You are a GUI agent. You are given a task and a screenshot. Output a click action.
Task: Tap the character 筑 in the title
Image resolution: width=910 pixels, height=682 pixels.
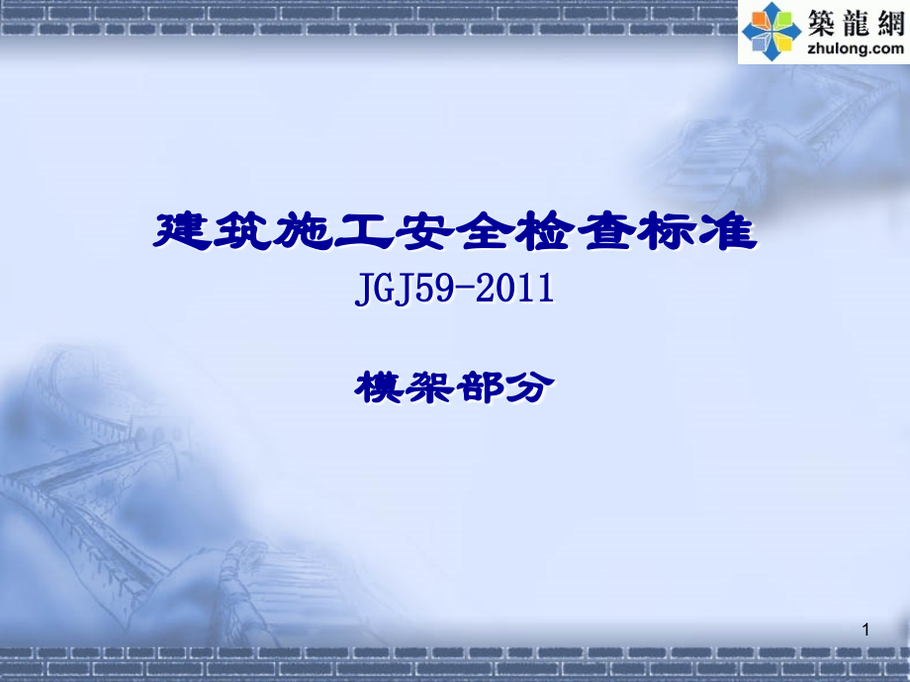[243, 231]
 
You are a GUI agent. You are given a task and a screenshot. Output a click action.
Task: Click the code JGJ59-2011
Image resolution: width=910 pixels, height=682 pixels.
[451, 291]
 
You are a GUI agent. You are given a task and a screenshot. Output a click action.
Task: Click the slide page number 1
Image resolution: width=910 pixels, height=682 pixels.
[866, 630]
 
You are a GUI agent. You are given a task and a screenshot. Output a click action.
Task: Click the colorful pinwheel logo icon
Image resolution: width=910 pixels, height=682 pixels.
[773, 31]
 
